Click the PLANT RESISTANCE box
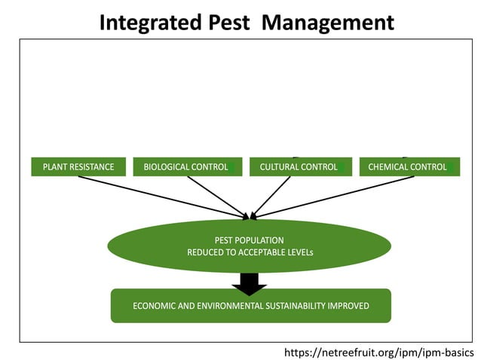[78, 166]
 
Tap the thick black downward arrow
[250, 282]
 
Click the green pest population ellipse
[151, 246]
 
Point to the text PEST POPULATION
[250, 239]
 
